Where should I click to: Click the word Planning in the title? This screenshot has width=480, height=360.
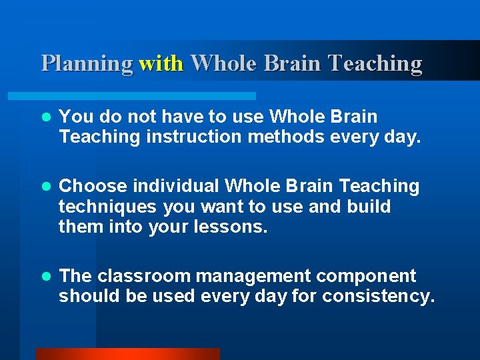point(87,63)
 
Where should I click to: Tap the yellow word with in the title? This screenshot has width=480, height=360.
point(161,63)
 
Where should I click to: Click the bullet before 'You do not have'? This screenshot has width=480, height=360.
point(45,117)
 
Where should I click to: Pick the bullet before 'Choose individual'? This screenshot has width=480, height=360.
point(45,186)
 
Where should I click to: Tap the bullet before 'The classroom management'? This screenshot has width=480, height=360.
point(45,276)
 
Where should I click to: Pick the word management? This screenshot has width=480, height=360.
point(260,276)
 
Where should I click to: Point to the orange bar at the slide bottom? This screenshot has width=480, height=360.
point(127,354)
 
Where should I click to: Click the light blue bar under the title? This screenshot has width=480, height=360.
point(147,96)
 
